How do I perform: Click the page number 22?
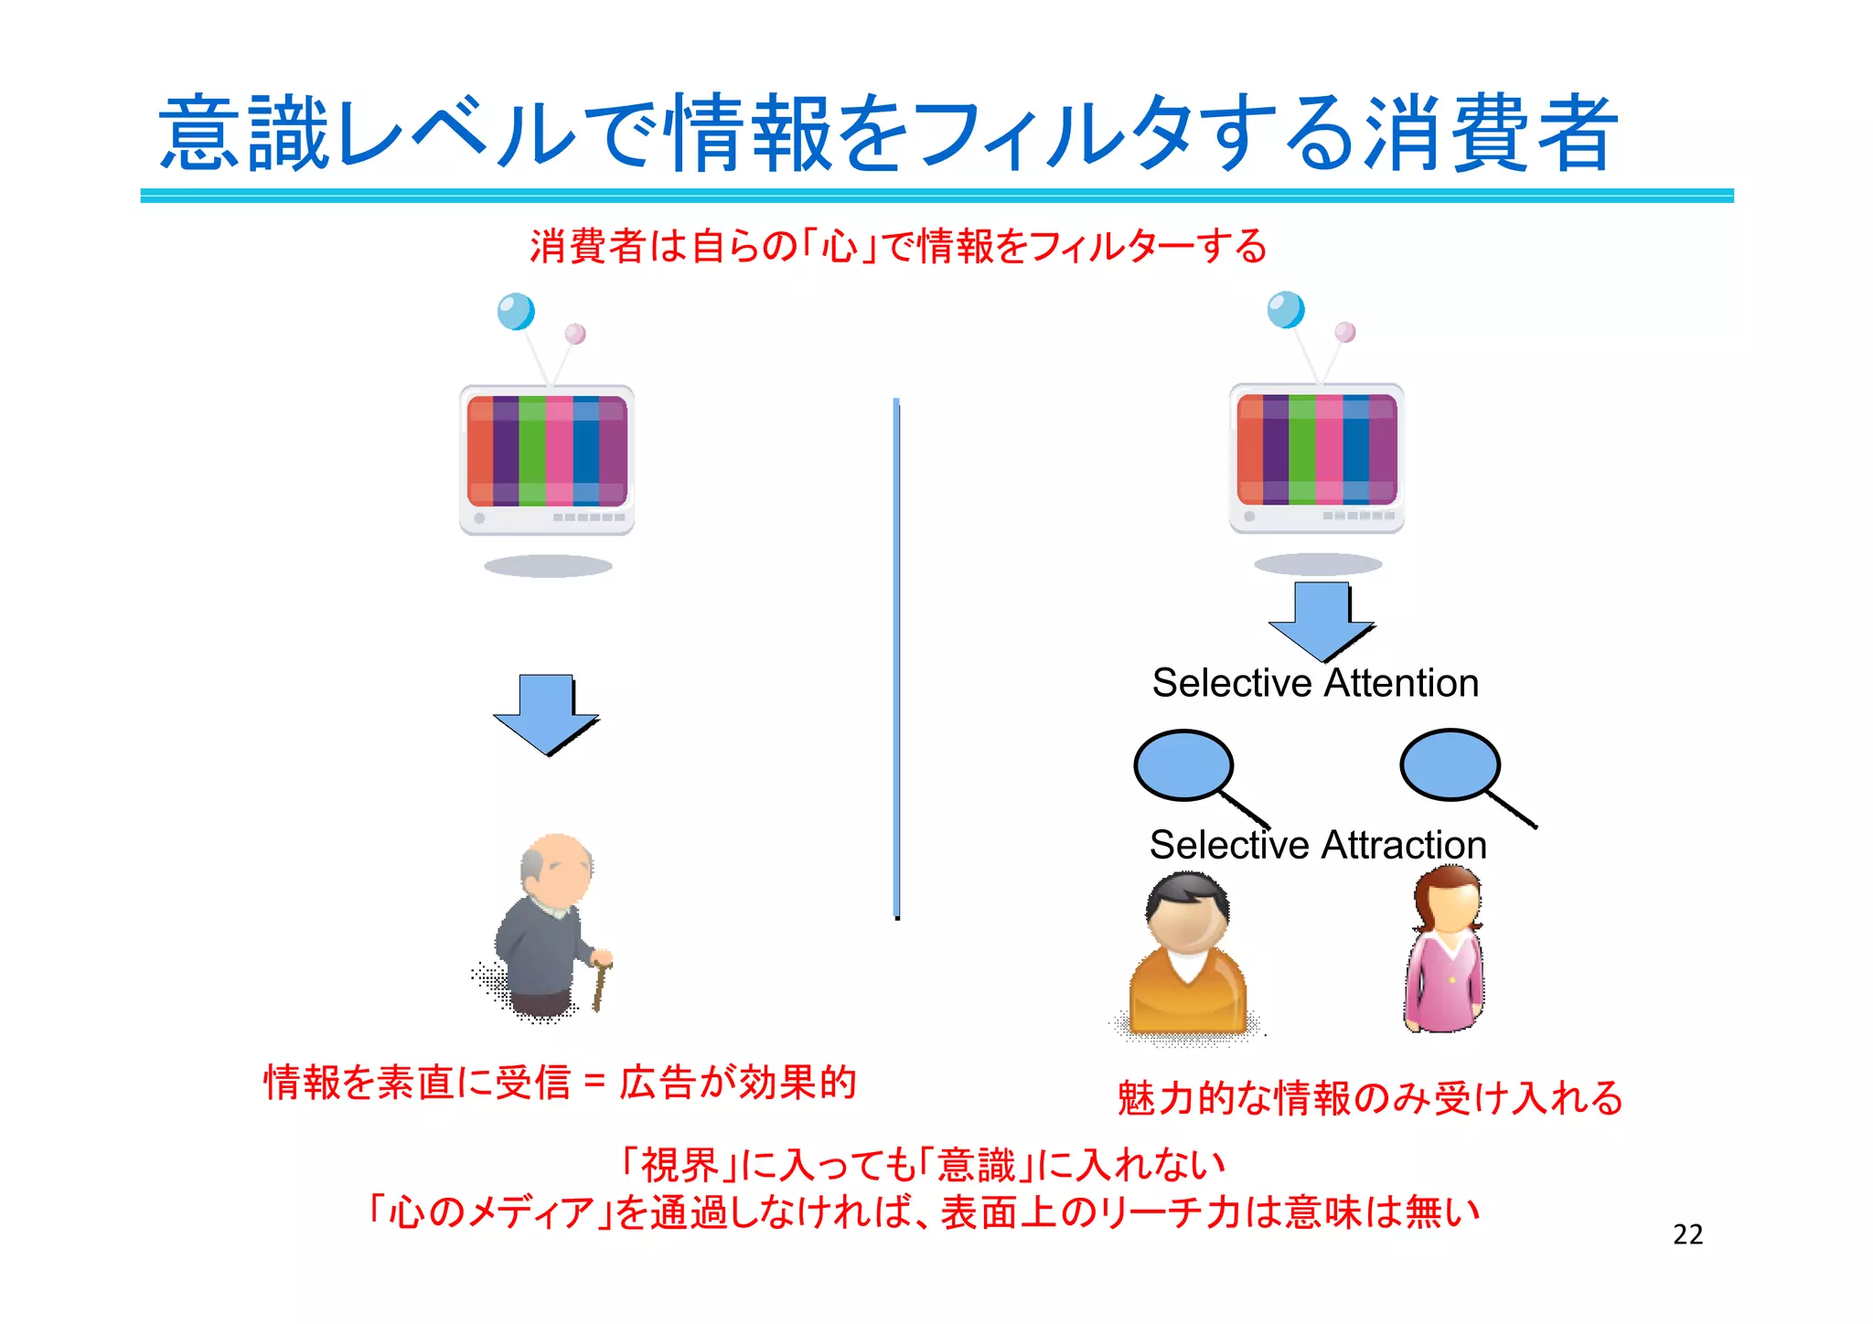1687,1234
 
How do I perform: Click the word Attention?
1401,683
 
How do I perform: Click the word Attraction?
1402,845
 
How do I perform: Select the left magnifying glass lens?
1183,765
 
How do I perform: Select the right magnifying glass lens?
1450,764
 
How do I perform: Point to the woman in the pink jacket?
1445,951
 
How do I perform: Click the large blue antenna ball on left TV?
516,312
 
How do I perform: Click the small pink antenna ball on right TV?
1344,332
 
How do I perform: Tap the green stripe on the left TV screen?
531,451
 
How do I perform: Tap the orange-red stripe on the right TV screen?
1249,449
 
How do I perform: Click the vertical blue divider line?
896,658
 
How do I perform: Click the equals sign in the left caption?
594,1083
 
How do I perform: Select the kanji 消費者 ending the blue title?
1491,134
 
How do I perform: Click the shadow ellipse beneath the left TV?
548,566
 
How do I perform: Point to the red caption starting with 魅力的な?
1369,1098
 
